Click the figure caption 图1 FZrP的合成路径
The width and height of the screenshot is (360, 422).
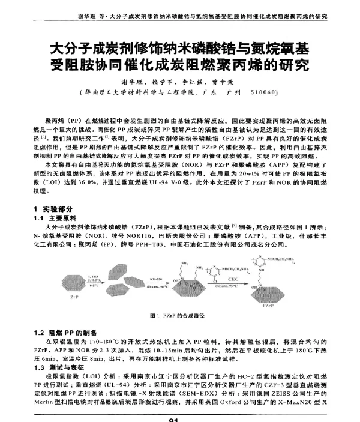[x=177, y=316]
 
